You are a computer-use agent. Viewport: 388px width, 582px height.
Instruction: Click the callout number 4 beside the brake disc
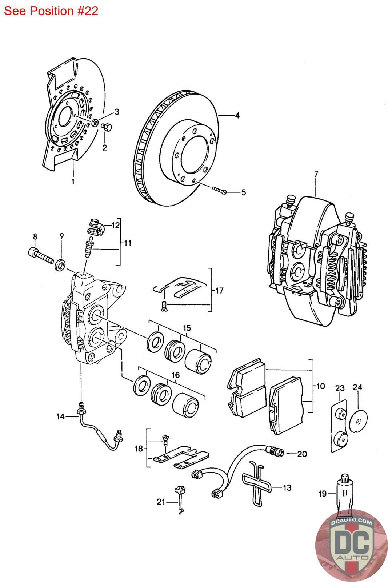237,116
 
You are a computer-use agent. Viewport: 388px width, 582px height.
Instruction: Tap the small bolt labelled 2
107,128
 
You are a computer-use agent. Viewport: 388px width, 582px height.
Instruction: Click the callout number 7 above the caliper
316,174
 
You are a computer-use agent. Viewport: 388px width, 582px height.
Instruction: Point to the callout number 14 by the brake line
60,416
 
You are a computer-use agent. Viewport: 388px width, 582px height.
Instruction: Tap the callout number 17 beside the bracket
219,291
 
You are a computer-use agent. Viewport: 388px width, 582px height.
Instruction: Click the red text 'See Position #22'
51,11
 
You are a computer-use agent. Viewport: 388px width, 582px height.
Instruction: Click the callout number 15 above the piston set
187,328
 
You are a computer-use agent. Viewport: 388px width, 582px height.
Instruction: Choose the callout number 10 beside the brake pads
320,386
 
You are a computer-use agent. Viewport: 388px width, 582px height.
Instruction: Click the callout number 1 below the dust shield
73,181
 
